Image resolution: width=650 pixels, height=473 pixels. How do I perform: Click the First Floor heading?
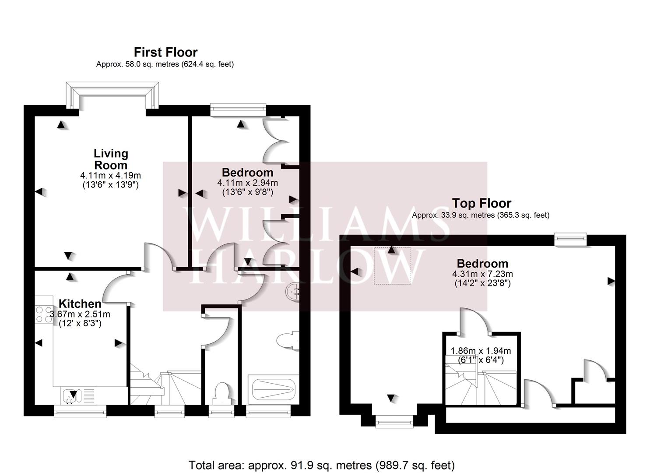tap(165, 53)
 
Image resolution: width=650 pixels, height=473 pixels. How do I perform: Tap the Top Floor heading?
tap(481, 203)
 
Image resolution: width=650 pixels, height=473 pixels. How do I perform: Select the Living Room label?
tap(111, 159)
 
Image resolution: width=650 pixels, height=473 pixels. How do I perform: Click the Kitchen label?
tap(80, 304)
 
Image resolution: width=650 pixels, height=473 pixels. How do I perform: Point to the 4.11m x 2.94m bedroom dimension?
tap(247, 183)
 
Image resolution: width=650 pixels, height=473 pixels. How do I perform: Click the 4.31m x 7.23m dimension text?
tap(482, 274)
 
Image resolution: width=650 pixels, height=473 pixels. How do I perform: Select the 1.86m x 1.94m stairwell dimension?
tap(481, 351)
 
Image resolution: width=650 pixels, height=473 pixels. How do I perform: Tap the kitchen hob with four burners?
tap(44, 314)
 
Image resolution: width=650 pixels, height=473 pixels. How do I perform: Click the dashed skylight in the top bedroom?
tap(392, 265)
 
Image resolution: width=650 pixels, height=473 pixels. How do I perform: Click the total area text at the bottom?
tap(321, 465)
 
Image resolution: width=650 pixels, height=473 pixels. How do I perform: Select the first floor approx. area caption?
tap(165, 64)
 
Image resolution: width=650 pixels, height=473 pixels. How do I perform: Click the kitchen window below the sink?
tap(80, 410)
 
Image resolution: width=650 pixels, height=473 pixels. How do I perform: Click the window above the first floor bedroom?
tap(238, 109)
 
